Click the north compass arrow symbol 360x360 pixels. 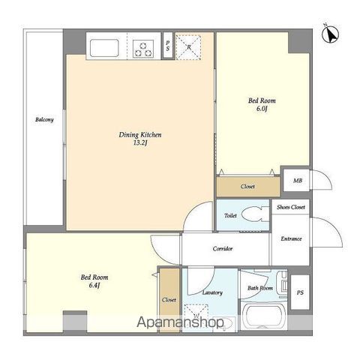tap(331, 34)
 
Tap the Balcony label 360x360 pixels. tap(44, 120)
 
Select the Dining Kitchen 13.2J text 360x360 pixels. tap(140, 139)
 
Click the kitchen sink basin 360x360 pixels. tap(104, 48)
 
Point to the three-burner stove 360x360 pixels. tap(143, 49)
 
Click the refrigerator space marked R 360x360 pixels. tap(188, 47)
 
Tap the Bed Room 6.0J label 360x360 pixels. tap(262, 104)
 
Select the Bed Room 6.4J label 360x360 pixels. tap(94, 281)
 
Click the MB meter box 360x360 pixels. tap(297, 181)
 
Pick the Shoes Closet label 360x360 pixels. tap(291, 207)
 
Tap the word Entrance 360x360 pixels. tap(291, 238)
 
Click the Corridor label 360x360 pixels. tap(223, 249)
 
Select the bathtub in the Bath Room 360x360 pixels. tap(264, 316)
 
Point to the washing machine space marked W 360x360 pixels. tap(196, 314)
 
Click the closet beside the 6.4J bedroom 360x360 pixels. tap(169, 300)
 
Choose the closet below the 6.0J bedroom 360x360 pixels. tap(248, 187)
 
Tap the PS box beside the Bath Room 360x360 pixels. tap(300, 292)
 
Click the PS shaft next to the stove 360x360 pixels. tap(168, 46)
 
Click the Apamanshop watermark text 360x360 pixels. tap(180, 322)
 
